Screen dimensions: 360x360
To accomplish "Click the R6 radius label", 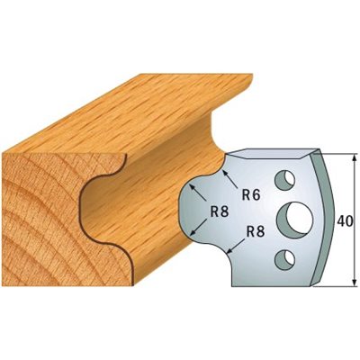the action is [250, 195].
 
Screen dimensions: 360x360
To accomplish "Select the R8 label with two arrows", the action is [220, 212].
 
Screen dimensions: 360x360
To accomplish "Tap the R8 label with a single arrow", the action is [255, 232].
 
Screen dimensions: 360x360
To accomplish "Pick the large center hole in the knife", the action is [294, 218].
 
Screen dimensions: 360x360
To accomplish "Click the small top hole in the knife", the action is [284, 180].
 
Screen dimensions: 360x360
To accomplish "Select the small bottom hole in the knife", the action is [284, 258].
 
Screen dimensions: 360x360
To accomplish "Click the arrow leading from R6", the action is [229, 179].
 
